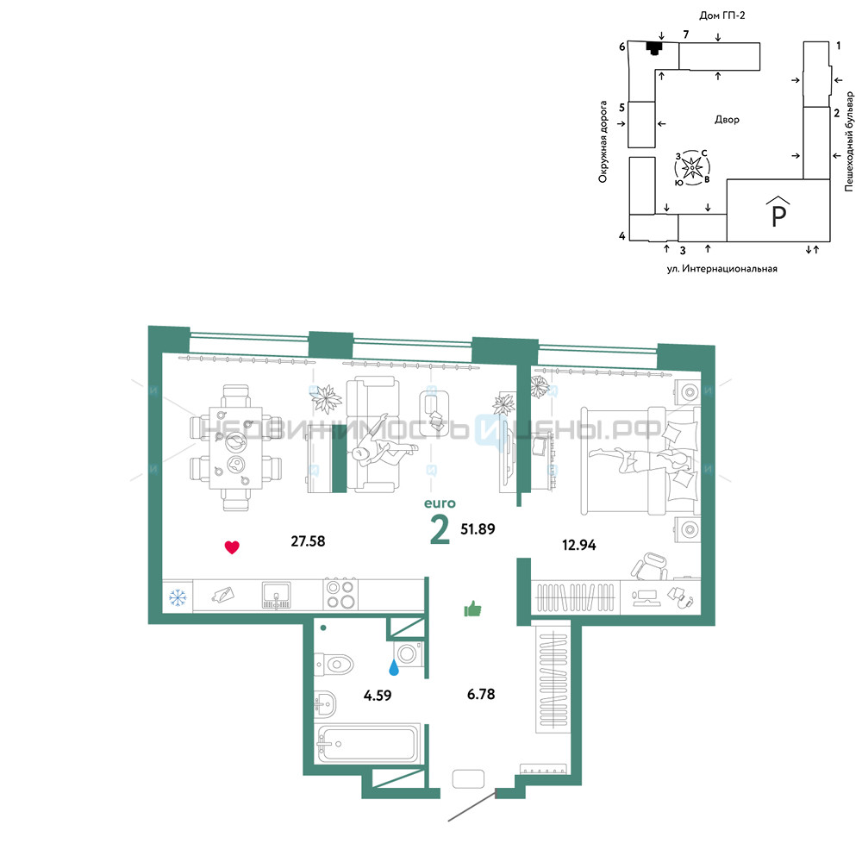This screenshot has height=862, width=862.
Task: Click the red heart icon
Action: [x=232, y=547]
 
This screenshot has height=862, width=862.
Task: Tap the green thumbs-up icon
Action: [x=472, y=609]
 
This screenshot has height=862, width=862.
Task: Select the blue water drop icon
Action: [x=394, y=667]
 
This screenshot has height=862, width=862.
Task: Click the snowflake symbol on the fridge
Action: [x=177, y=597]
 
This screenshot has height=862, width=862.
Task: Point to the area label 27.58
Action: [x=308, y=541]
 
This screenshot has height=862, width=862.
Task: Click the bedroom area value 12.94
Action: [x=579, y=545]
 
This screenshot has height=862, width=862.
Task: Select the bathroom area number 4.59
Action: [x=378, y=696]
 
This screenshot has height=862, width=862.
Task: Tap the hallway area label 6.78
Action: [x=481, y=694]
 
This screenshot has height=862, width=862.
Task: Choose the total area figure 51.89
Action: [x=478, y=529]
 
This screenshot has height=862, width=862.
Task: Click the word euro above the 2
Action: [x=440, y=503]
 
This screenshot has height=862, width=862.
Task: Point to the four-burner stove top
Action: [x=340, y=594]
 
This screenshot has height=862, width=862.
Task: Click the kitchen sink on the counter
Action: [x=277, y=596]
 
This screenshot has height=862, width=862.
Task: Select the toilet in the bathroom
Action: [x=334, y=665]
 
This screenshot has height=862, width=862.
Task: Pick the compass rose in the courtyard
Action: [x=692, y=167]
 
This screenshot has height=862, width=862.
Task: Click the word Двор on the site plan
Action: [x=727, y=119]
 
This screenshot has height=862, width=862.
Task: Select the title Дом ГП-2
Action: [x=721, y=16]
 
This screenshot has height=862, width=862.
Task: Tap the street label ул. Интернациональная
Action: [x=721, y=269]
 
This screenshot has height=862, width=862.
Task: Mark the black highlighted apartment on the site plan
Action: [x=653, y=47]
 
